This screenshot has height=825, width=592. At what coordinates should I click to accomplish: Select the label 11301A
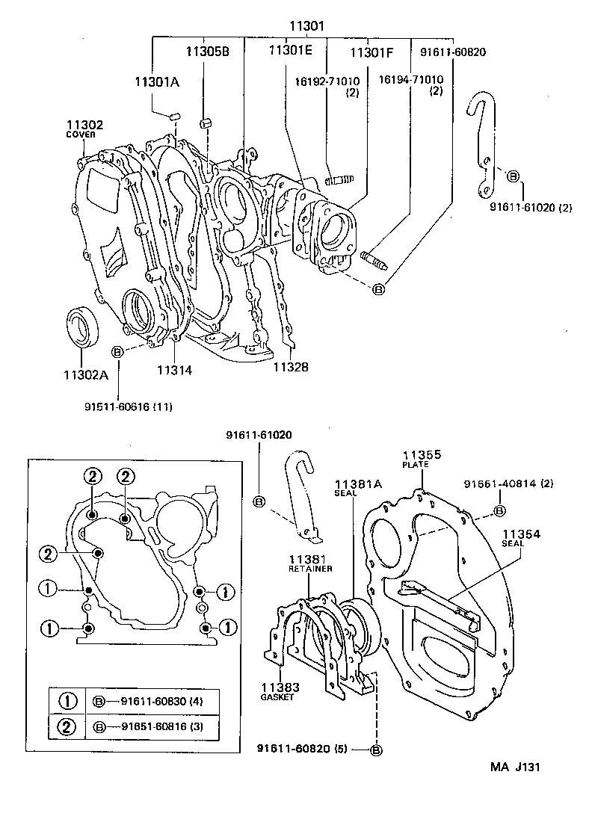point(157,82)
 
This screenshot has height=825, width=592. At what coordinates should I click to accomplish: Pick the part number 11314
point(175,368)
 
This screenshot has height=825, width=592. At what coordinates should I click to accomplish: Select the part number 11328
point(290,367)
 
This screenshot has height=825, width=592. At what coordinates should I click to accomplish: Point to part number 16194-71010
point(410,79)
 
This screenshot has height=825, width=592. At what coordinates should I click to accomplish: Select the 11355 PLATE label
point(422,457)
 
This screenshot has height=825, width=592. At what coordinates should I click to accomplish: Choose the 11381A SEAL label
point(358,487)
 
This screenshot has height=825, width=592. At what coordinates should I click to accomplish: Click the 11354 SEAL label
point(521,537)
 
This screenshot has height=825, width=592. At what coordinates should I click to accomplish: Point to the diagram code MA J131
point(515,766)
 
